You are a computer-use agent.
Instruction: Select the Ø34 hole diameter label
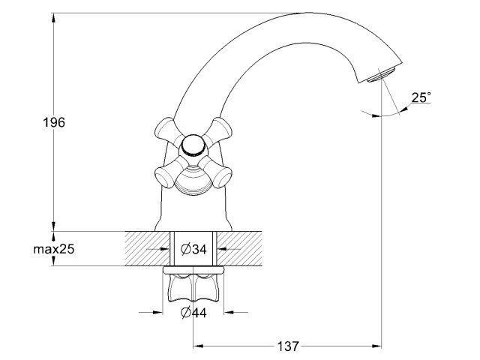[195, 249]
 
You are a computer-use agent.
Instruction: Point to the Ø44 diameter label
[194, 313]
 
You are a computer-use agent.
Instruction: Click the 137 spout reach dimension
[287, 346]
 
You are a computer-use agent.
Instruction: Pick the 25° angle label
[421, 97]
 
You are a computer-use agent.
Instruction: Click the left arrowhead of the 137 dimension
[199, 346]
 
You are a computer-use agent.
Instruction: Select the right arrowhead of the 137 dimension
[378, 346]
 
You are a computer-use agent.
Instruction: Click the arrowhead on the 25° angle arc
[402, 110]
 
